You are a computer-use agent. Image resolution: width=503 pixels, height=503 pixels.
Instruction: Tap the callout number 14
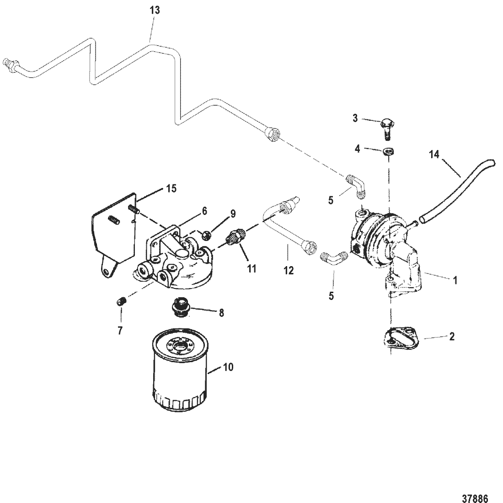434,155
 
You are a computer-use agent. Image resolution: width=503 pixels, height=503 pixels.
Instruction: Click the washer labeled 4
389,152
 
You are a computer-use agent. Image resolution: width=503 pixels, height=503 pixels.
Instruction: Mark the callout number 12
288,271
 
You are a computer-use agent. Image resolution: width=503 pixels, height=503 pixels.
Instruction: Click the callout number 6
204,211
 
